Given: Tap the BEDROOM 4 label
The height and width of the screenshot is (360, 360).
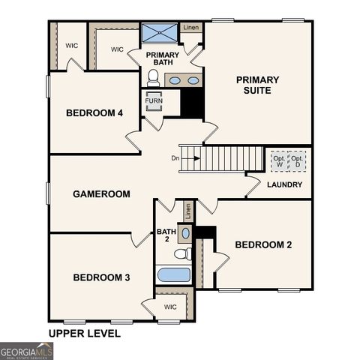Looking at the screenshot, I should click(94, 113).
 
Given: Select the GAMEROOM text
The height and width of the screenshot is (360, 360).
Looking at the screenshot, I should click(101, 193).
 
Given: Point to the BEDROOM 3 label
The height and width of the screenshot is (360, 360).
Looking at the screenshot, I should click(101, 277).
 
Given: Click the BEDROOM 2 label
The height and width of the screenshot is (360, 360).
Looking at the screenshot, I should click(263, 244).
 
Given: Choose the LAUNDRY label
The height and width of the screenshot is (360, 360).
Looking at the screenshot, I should click(284, 184).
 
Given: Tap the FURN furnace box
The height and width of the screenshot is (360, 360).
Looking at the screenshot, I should click(154, 100).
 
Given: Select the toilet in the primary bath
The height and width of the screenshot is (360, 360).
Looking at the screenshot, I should click(153, 76).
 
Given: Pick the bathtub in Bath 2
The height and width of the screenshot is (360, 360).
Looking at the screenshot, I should click(173, 274).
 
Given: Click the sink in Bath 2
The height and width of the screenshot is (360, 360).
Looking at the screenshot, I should click(186, 233).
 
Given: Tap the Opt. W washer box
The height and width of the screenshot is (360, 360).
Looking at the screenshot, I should click(279, 161).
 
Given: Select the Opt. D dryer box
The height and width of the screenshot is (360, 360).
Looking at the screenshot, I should click(298, 161).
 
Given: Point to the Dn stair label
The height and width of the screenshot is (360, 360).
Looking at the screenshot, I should click(175, 158).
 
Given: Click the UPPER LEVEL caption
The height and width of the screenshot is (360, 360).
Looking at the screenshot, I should click(84, 334).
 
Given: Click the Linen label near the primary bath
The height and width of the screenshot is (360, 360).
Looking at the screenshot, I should click(191, 28).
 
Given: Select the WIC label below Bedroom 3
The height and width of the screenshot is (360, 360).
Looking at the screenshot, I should click(170, 307).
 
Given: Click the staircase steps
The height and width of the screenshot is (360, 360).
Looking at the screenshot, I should click(229, 158).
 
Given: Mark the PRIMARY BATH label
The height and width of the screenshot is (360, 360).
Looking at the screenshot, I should click(162, 58).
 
